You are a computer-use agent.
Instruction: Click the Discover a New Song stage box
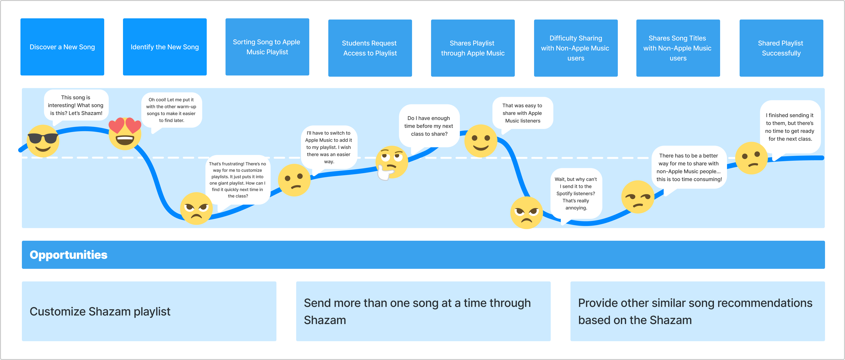(x=62, y=47)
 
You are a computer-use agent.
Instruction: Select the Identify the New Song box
(x=165, y=47)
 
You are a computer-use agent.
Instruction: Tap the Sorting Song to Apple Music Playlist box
(x=267, y=47)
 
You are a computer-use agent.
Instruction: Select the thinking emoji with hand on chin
(x=391, y=162)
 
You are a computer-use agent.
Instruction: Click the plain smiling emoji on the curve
(x=481, y=141)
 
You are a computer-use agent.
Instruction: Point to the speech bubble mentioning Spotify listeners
(x=576, y=193)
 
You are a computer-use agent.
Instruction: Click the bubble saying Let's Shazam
(x=76, y=105)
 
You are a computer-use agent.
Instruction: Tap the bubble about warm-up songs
(x=171, y=110)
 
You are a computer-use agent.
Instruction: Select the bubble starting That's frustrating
(x=237, y=180)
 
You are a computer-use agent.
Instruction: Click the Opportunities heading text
(x=69, y=255)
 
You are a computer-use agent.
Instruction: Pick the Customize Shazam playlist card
(x=149, y=311)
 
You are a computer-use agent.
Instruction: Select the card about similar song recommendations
(x=698, y=311)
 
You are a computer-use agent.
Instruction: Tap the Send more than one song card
(x=423, y=311)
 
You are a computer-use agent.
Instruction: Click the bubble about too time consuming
(x=689, y=167)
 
